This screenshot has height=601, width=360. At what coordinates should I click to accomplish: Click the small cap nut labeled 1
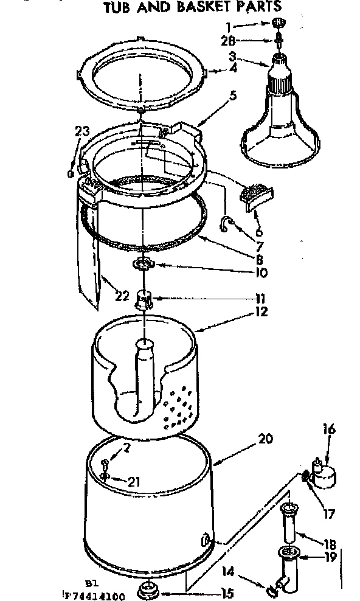(279, 23)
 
